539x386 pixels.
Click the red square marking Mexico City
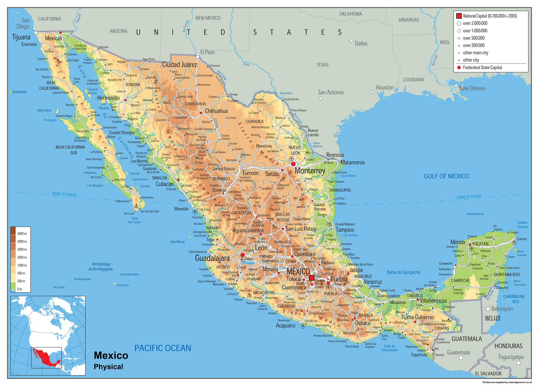pyautogui.click(x=312, y=278)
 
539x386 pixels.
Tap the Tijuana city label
pyautogui.click(x=21, y=37)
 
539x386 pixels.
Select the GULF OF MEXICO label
pyautogui.click(x=446, y=176)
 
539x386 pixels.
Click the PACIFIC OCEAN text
pyautogui.click(x=162, y=348)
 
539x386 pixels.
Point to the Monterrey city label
pyautogui.click(x=310, y=171)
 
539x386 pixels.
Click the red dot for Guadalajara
pyautogui.click(x=242, y=255)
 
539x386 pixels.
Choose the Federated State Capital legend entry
pyautogui.click(x=482, y=68)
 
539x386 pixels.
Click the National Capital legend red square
pyautogui.click(x=459, y=16)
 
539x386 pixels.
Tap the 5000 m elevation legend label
pyautogui.click(x=22, y=234)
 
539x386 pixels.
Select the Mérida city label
pyautogui.click(x=457, y=242)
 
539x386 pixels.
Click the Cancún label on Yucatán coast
pyautogui.click(x=522, y=239)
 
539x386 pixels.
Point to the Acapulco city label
pyautogui.click(x=285, y=326)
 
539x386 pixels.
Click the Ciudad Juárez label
pyautogui.click(x=179, y=65)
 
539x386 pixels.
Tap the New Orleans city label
pyautogui.click(x=472, y=88)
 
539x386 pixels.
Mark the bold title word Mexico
pyautogui.click(x=111, y=355)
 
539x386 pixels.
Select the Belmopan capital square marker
pyautogui.click(x=488, y=309)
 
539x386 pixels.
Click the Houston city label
pyautogui.click(x=385, y=88)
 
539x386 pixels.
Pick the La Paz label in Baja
pyautogui.click(x=125, y=186)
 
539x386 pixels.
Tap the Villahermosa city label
pyautogui.click(x=433, y=301)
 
